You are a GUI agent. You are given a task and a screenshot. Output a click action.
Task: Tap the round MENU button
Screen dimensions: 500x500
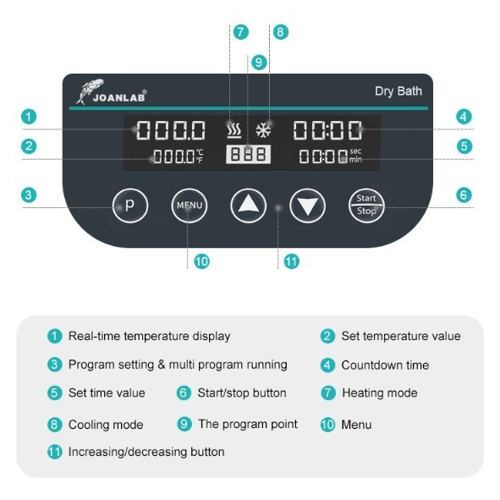pyautogui.click(x=190, y=206)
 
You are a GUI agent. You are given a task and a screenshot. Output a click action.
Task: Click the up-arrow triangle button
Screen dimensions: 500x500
pyautogui.click(x=249, y=206)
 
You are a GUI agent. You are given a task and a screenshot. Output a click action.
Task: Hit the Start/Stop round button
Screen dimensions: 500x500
pyautogui.click(x=366, y=206)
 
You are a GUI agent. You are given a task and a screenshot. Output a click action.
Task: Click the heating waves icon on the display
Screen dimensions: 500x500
pyautogui.click(x=234, y=130)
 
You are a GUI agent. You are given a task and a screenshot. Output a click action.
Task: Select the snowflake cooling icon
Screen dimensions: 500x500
pyautogui.click(x=264, y=130)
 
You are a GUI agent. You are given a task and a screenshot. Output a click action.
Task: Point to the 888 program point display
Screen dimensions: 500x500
pyautogui.click(x=249, y=154)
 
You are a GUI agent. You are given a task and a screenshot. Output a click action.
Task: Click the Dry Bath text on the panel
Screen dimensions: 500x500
pyautogui.click(x=398, y=91)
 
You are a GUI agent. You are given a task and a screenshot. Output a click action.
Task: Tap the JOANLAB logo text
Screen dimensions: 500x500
pyautogui.click(x=119, y=97)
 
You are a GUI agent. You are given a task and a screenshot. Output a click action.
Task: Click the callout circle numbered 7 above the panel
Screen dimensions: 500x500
pyautogui.click(x=241, y=32)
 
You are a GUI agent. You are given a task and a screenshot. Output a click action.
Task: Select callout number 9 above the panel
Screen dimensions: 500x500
pyautogui.click(x=259, y=62)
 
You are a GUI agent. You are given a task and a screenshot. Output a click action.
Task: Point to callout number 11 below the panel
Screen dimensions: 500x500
pyautogui.click(x=291, y=261)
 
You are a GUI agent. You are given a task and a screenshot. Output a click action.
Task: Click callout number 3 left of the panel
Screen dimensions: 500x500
pyautogui.click(x=29, y=195)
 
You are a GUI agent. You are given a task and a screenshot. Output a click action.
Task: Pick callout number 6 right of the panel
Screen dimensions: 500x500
pyautogui.click(x=464, y=195)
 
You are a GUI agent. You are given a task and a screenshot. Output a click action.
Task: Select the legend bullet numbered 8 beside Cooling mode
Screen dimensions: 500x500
pyautogui.click(x=54, y=425)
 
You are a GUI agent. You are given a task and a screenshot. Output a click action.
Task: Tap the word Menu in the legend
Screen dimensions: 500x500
pyautogui.click(x=356, y=425)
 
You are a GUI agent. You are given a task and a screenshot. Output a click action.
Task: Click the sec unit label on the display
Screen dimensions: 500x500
pyautogui.click(x=355, y=151)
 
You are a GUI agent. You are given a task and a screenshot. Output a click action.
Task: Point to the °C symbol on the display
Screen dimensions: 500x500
pyautogui.click(x=200, y=152)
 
